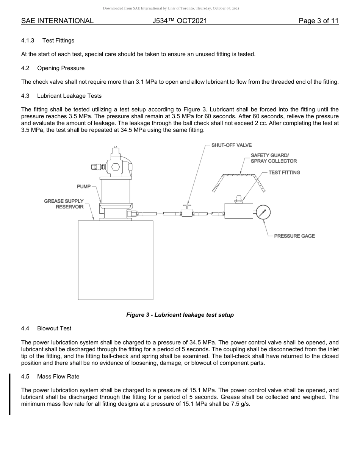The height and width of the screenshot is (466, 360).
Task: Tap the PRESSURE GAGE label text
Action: point(294,236)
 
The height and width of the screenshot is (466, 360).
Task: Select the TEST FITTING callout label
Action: point(284,173)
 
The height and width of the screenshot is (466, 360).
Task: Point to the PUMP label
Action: point(84,186)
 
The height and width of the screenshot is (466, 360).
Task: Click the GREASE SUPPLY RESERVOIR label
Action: point(64,204)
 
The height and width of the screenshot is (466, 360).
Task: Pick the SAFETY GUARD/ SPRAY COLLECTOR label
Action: point(274,158)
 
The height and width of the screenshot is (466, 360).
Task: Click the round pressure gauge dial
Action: point(263,213)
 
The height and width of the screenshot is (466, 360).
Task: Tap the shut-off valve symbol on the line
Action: point(186,213)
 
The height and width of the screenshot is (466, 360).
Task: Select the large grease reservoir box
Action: point(116,260)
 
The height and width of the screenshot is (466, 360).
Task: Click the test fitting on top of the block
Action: point(238,199)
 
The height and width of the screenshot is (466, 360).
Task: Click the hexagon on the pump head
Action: point(116,167)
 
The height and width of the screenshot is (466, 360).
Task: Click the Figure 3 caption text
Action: point(180,315)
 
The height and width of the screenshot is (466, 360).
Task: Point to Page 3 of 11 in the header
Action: point(318,21)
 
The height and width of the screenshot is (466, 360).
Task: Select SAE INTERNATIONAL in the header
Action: point(57,21)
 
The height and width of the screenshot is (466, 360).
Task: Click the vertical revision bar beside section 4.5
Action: point(10,394)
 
